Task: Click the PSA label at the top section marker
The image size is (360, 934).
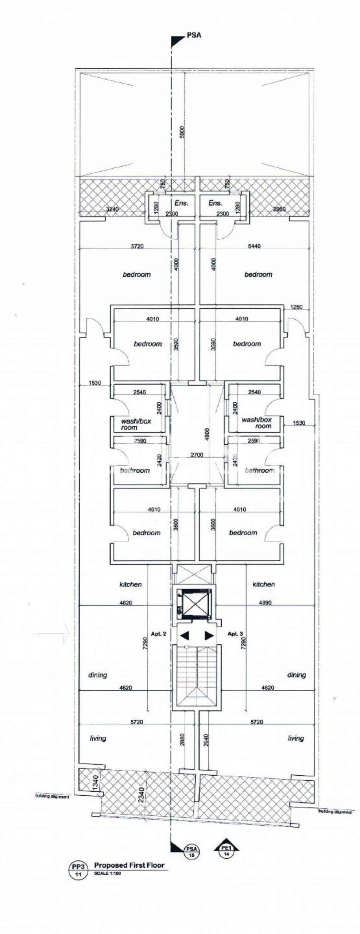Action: coord(194,35)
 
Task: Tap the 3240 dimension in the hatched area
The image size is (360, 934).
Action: coord(112,209)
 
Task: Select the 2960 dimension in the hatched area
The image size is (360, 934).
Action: coord(279,209)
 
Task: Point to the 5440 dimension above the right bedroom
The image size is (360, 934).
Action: coord(254,246)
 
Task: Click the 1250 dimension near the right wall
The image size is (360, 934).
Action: coord(296,307)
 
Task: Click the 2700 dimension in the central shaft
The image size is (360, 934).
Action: coord(197,455)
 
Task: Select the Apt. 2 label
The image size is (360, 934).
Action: coord(159,634)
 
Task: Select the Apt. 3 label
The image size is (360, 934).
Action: coord(235,634)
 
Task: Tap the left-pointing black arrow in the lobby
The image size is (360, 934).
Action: coord(184,636)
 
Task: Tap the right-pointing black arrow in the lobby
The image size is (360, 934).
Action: coord(209,636)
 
